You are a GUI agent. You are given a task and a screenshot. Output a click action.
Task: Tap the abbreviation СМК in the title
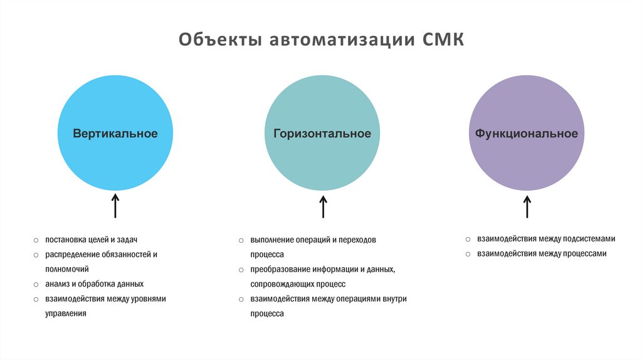click(443, 41)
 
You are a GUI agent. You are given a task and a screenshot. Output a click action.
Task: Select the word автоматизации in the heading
click(342, 41)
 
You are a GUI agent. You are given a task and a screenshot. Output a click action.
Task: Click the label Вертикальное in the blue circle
click(115, 134)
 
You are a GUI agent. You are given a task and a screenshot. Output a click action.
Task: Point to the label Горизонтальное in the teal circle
click(322, 134)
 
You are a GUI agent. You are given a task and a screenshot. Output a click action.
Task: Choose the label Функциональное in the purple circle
click(527, 134)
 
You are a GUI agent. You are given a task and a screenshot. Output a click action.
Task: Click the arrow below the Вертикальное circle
click(115, 206)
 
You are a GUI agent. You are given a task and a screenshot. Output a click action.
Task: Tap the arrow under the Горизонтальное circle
click(323, 206)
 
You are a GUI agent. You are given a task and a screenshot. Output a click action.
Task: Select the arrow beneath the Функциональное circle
click(527, 206)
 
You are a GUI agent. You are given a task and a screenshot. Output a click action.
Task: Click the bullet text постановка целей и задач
click(91, 240)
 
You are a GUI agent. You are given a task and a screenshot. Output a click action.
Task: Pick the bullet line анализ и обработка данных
click(94, 283)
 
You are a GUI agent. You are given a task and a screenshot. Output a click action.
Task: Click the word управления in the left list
click(65, 312)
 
